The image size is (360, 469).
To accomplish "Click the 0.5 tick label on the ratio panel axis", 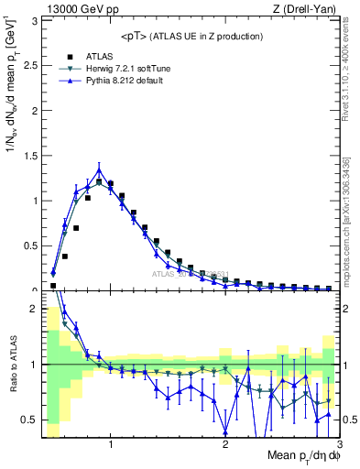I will click(x=29, y=420).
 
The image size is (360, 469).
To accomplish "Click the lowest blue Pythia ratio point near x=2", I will click(x=225, y=432).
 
